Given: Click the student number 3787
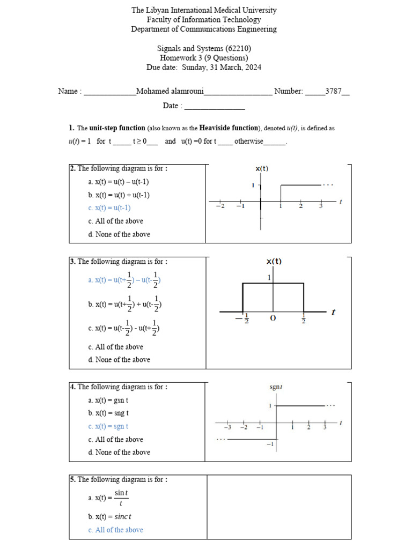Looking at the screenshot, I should click(x=333, y=91).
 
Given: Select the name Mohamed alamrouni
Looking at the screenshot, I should click(x=170, y=91).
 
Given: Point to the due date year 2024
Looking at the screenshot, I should click(x=253, y=68).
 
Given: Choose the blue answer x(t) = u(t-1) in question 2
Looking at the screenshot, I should click(x=109, y=208).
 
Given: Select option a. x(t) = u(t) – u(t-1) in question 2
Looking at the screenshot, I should click(x=119, y=182).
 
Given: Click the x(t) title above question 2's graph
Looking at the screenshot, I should click(x=262, y=168).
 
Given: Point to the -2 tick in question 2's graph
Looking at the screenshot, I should click(x=220, y=206).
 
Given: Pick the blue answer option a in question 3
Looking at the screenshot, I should click(x=124, y=280).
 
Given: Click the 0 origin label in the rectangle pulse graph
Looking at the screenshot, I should click(x=273, y=318).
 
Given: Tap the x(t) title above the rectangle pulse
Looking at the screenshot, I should click(x=274, y=262).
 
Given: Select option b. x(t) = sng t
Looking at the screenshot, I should click(x=108, y=413).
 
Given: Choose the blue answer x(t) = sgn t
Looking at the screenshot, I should click(x=108, y=426).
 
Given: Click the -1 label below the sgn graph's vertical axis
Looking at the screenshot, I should click(x=270, y=444).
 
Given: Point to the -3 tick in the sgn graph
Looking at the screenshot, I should click(x=227, y=427).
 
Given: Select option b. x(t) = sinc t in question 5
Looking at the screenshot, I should click(x=110, y=517).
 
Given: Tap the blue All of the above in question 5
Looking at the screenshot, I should click(x=115, y=530).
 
